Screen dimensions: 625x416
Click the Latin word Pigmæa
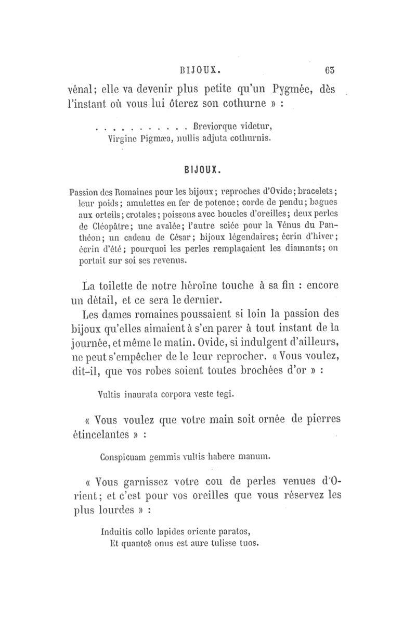[x=153, y=139]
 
